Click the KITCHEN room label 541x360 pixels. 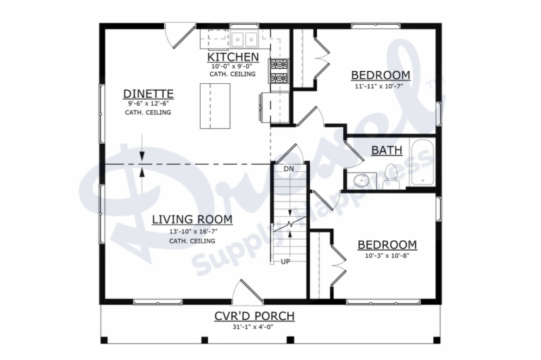232,56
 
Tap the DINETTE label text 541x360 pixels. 148,94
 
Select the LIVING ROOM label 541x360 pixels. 192,219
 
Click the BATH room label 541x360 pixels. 387,149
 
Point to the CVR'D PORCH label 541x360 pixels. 254,316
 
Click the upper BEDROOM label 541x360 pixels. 380,75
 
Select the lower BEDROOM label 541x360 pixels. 387,244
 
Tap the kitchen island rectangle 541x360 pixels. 215,106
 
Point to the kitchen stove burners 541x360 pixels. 279,71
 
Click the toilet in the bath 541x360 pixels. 391,177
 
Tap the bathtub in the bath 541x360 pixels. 422,163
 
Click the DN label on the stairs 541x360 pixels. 288,169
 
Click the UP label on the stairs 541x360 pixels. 286,261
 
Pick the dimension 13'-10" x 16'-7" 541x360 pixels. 192,231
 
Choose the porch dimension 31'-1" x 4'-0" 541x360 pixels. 254,326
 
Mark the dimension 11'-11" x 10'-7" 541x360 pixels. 380,87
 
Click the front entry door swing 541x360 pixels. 244,292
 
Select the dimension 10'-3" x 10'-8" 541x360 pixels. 387,256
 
